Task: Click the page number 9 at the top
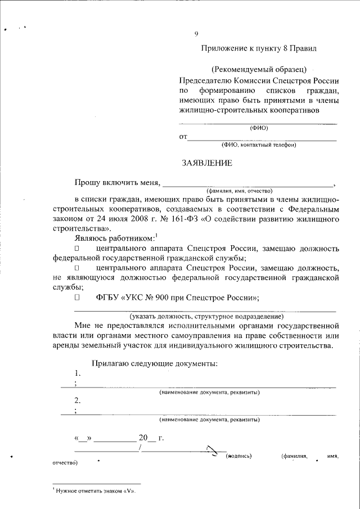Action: coord(196,34)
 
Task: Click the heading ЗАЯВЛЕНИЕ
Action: coord(206,163)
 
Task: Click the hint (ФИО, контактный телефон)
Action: coord(259,145)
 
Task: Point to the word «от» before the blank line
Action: coord(183,137)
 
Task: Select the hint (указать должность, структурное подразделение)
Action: coord(208,316)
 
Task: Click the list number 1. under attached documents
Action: coord(78,373)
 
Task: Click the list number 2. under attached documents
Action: coord(78,400)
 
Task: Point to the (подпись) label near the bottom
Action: coord(238,456)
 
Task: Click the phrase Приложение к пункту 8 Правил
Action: coord(259,48)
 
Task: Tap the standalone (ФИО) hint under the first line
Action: coord(259,128)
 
